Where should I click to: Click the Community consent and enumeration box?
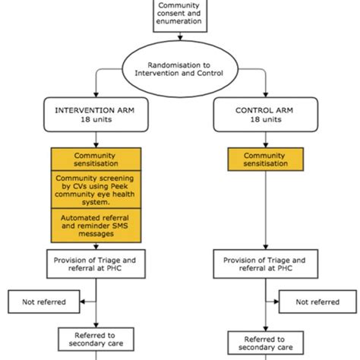[x=179, y=16]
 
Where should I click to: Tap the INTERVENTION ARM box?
[x=95, y=114]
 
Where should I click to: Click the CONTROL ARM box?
[x=264, y=114]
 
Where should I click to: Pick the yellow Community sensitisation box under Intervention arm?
[x=95, y=159]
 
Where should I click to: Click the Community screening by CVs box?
[x=95, y=190]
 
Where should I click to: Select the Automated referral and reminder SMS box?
[x=95, y=224]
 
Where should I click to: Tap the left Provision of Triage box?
[x=95, y=263]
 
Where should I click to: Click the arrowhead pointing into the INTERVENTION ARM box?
[x=95, y=96]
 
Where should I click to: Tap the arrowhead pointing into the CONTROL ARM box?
[x=264, y=96]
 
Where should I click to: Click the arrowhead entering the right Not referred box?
[x=276, y=302]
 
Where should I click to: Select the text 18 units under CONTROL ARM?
[x=264, y=119]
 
